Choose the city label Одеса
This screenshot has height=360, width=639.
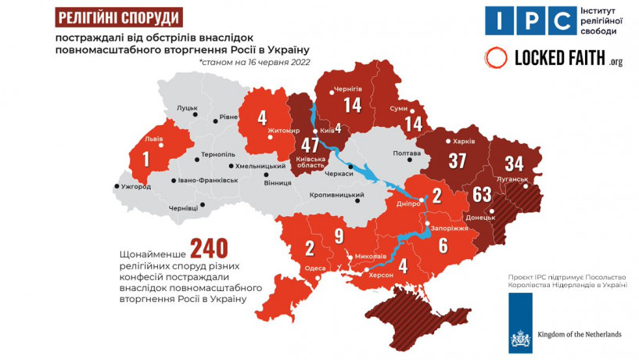(x=314, y=268)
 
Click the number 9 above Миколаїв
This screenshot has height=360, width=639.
(x=339, y=234)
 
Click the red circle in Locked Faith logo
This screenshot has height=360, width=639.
(x=496, y=57)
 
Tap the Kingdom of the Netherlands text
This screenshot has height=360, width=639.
(x=578, y=335)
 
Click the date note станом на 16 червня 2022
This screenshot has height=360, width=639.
(x=253, y=62)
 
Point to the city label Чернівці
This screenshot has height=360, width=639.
(x=184, y=207)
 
